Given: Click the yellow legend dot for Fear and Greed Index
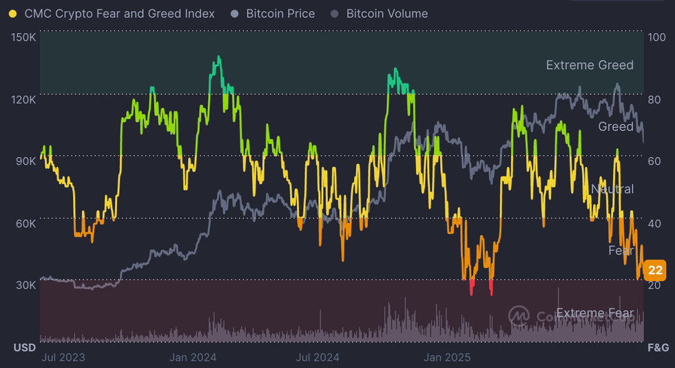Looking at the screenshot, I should (x=12, y=14).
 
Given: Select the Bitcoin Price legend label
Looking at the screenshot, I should (x=280, y=14).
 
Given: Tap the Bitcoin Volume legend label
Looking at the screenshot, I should (x=386, y=14).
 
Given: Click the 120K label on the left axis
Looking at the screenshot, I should (x=24, y=99).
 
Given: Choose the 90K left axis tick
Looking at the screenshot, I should (x=25, y=161).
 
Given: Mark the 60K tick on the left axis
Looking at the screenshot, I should (x=25, y=223).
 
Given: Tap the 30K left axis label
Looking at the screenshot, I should (x=25, y=285).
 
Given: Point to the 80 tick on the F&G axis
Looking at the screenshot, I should (x=654, y=99).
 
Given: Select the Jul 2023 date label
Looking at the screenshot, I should (x=63, y=357).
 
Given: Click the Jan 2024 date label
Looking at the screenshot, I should (x=193, y=357).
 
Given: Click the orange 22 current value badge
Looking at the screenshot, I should (x=655, y=270).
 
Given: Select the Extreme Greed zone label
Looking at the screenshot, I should (x=590, y=65).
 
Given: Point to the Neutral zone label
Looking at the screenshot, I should (x=612, y=189).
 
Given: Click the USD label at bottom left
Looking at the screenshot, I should (x=25, y=347).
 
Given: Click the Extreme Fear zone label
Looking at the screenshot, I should (x=594, y=314).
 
